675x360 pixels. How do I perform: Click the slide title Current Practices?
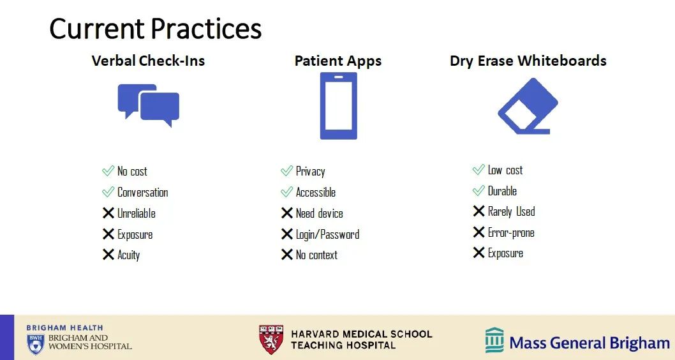pos(156,29)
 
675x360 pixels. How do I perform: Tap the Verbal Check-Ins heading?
pos(148,61)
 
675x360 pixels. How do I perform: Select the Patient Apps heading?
pos(338,61)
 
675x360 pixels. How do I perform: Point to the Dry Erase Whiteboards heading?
pos(528,61)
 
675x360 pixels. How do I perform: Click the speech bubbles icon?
pos(149,105)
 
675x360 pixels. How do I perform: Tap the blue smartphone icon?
pos(338,106)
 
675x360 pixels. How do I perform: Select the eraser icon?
pos(528,106)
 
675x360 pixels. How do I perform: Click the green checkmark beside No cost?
pos(108,171)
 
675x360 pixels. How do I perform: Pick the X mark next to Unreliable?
pos(108,213)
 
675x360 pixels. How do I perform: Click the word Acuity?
pos(129,255)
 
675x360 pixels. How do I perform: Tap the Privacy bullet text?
pos(310,172)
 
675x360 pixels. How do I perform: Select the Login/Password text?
pos(327,234)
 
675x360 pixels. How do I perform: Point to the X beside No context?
pos(286,255)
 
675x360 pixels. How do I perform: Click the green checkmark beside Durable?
pos(478,190)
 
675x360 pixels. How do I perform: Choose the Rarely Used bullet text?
pos(512,211)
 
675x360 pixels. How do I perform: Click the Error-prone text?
pos(511,232)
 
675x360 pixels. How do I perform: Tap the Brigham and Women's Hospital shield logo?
pos(35,344)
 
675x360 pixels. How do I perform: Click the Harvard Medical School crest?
pos(271,340)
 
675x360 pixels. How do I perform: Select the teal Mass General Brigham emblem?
pos(494,340)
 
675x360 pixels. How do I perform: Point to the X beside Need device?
pos(286,213)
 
